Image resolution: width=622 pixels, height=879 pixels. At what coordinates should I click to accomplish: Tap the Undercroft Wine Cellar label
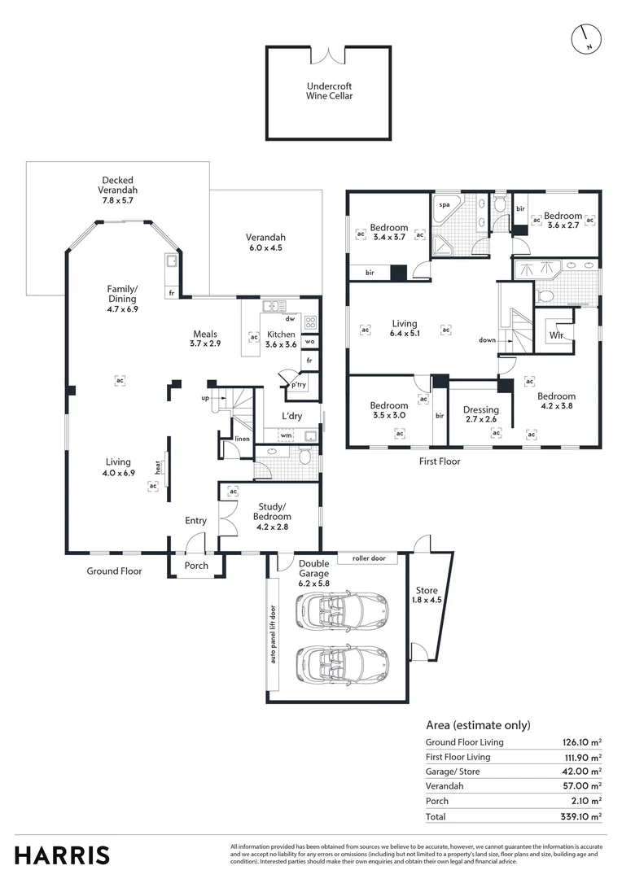[x=330, y=90]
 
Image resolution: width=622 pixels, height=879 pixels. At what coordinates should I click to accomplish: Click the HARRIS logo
[x=62, y=855]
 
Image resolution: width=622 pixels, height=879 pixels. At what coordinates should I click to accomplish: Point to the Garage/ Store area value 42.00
[x=581, y=772]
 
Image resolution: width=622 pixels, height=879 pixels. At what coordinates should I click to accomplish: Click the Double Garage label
[x=313, y=568]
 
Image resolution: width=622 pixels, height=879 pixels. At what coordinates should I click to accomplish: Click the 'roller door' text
[x=369, y=558]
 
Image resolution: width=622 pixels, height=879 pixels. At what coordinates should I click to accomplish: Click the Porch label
[x=196, y=566]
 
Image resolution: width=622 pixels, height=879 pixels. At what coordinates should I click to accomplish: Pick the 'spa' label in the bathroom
[x=445, y=205]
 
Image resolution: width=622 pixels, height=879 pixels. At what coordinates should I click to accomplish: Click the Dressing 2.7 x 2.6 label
[x=480, y=415]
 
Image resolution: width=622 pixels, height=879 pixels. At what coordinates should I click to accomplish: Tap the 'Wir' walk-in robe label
[x=557, y=335]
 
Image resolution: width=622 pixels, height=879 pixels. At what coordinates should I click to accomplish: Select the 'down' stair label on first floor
[x=487, y=340]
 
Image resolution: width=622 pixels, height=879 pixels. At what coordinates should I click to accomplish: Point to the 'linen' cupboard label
[x=242, y=439]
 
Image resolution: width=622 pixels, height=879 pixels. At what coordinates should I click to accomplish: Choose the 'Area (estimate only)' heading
[x=478, y=725]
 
